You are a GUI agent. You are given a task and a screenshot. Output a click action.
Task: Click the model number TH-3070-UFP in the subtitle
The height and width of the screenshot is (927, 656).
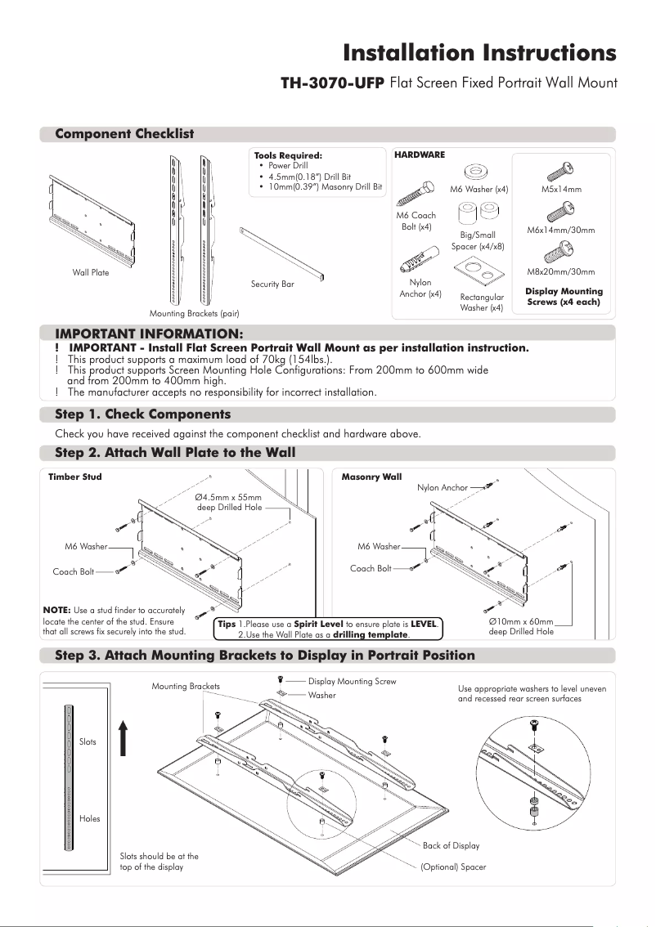(332, 83)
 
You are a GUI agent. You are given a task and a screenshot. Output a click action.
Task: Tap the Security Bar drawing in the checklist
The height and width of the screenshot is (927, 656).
(281, 254)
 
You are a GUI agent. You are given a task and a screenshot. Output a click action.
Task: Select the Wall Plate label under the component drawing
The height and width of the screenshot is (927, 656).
(90, 273)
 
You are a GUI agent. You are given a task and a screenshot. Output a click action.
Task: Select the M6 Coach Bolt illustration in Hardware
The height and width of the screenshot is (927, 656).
(413, 196)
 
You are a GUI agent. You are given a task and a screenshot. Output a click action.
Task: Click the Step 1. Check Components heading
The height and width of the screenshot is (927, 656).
(142, 414)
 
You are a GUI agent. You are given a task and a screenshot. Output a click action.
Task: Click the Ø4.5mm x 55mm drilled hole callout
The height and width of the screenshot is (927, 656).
(229, 502)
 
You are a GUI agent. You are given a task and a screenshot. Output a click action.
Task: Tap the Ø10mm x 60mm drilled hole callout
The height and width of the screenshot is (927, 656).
(521, 626)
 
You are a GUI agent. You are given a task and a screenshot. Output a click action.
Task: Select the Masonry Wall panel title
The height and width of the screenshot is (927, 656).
(371, 476)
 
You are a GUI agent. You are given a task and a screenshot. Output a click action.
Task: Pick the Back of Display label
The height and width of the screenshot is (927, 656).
(451, 845)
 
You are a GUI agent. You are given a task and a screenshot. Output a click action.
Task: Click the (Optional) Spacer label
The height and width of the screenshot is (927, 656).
(453, 867)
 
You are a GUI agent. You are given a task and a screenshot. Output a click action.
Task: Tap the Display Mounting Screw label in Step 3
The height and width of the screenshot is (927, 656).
(352, 681)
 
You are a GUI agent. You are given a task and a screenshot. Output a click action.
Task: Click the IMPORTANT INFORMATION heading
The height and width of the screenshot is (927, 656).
(149, 334)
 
